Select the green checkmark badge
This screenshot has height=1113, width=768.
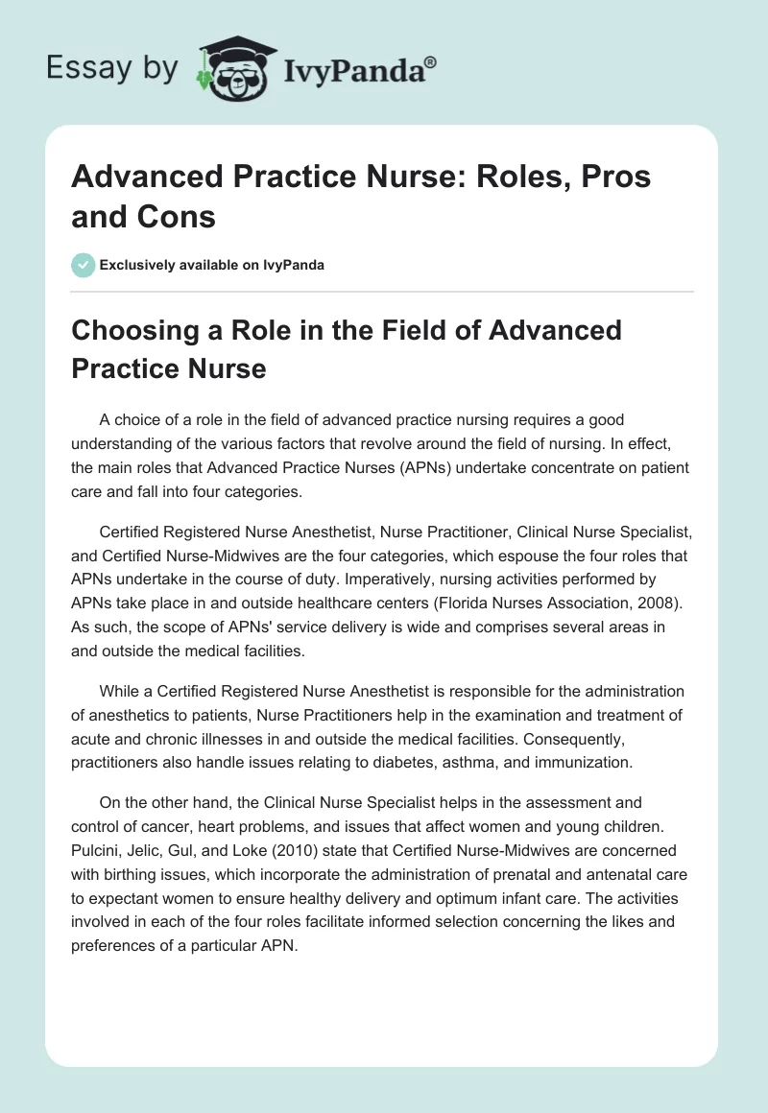point(83,265)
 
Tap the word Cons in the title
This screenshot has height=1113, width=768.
point(179,217)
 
